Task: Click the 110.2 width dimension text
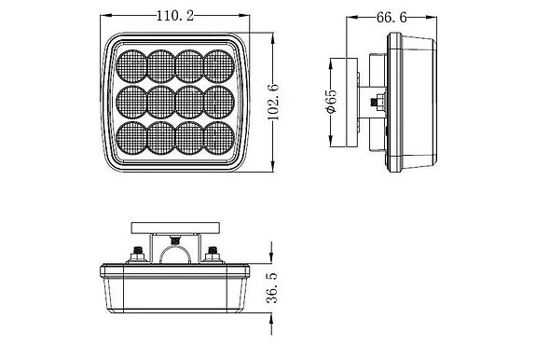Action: pyautogui.click(x=176, y=16)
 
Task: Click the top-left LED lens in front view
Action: pyautogui.click(x=134, y=64)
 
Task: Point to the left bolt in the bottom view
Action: pyautogui.click(x=139, y=253)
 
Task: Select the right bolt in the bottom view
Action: pyautogui.click(x=213, y=253)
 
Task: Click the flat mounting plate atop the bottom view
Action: pyautogui.click(x=176, y=227)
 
